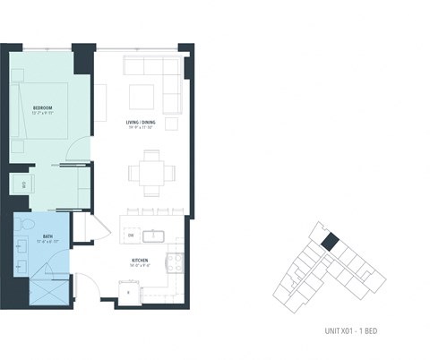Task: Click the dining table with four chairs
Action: tap(144, 170)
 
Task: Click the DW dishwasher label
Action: tap(131, 236)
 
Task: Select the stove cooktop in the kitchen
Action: tap(178, 262)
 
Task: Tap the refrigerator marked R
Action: tap(129, 292)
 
